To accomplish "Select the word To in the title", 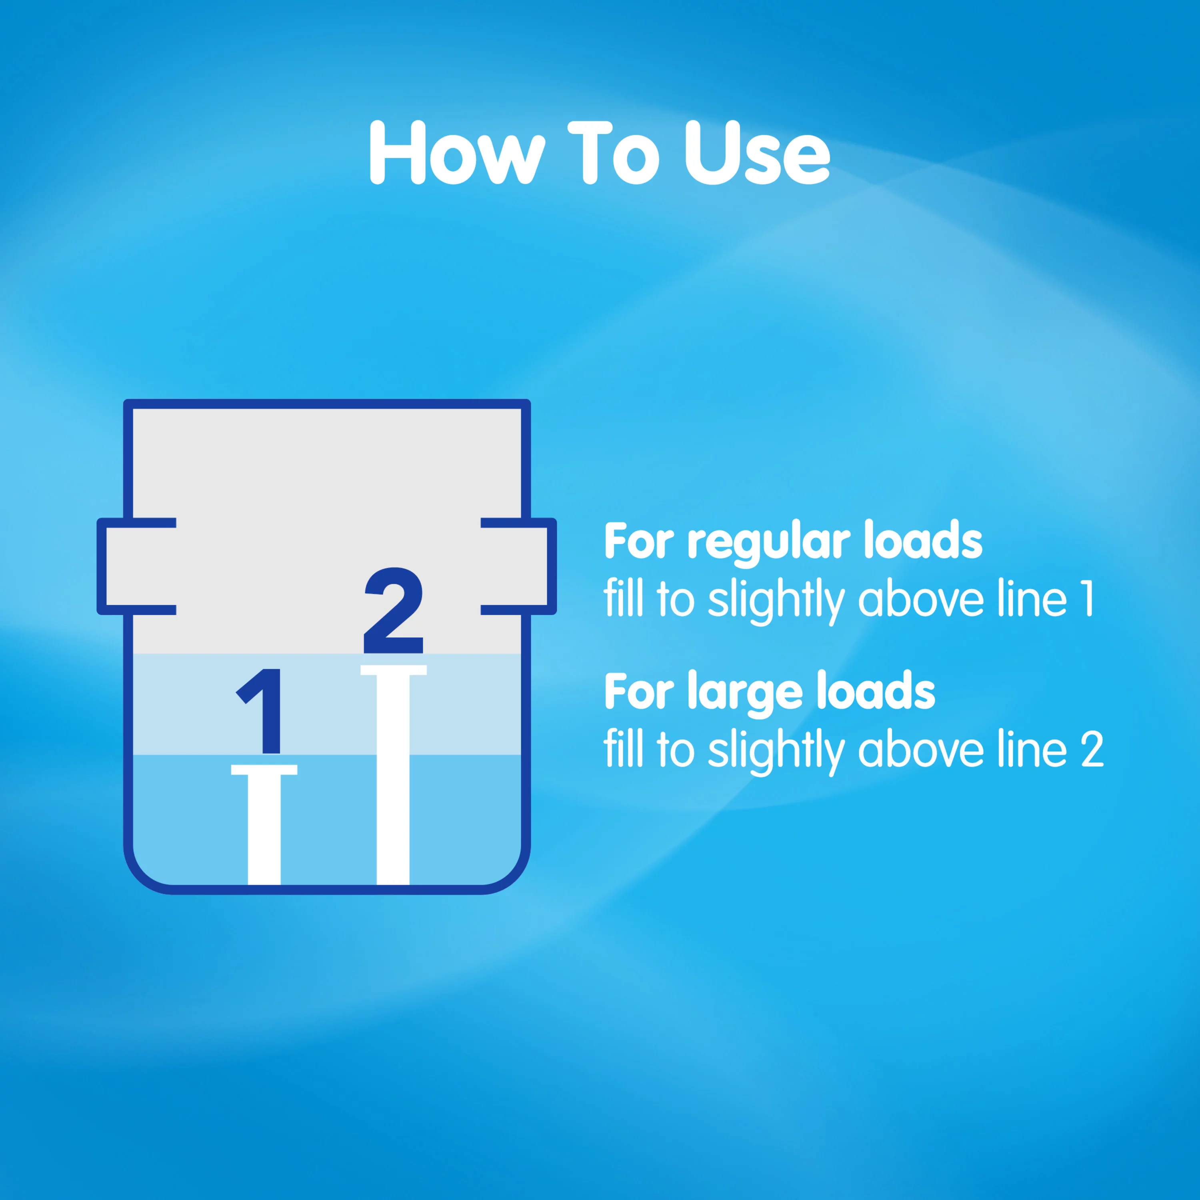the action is tap(613, 153).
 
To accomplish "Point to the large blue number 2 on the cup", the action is tap(393, 610).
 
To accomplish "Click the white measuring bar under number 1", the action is tap(264, 824).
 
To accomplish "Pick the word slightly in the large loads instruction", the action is tap(776, 751).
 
